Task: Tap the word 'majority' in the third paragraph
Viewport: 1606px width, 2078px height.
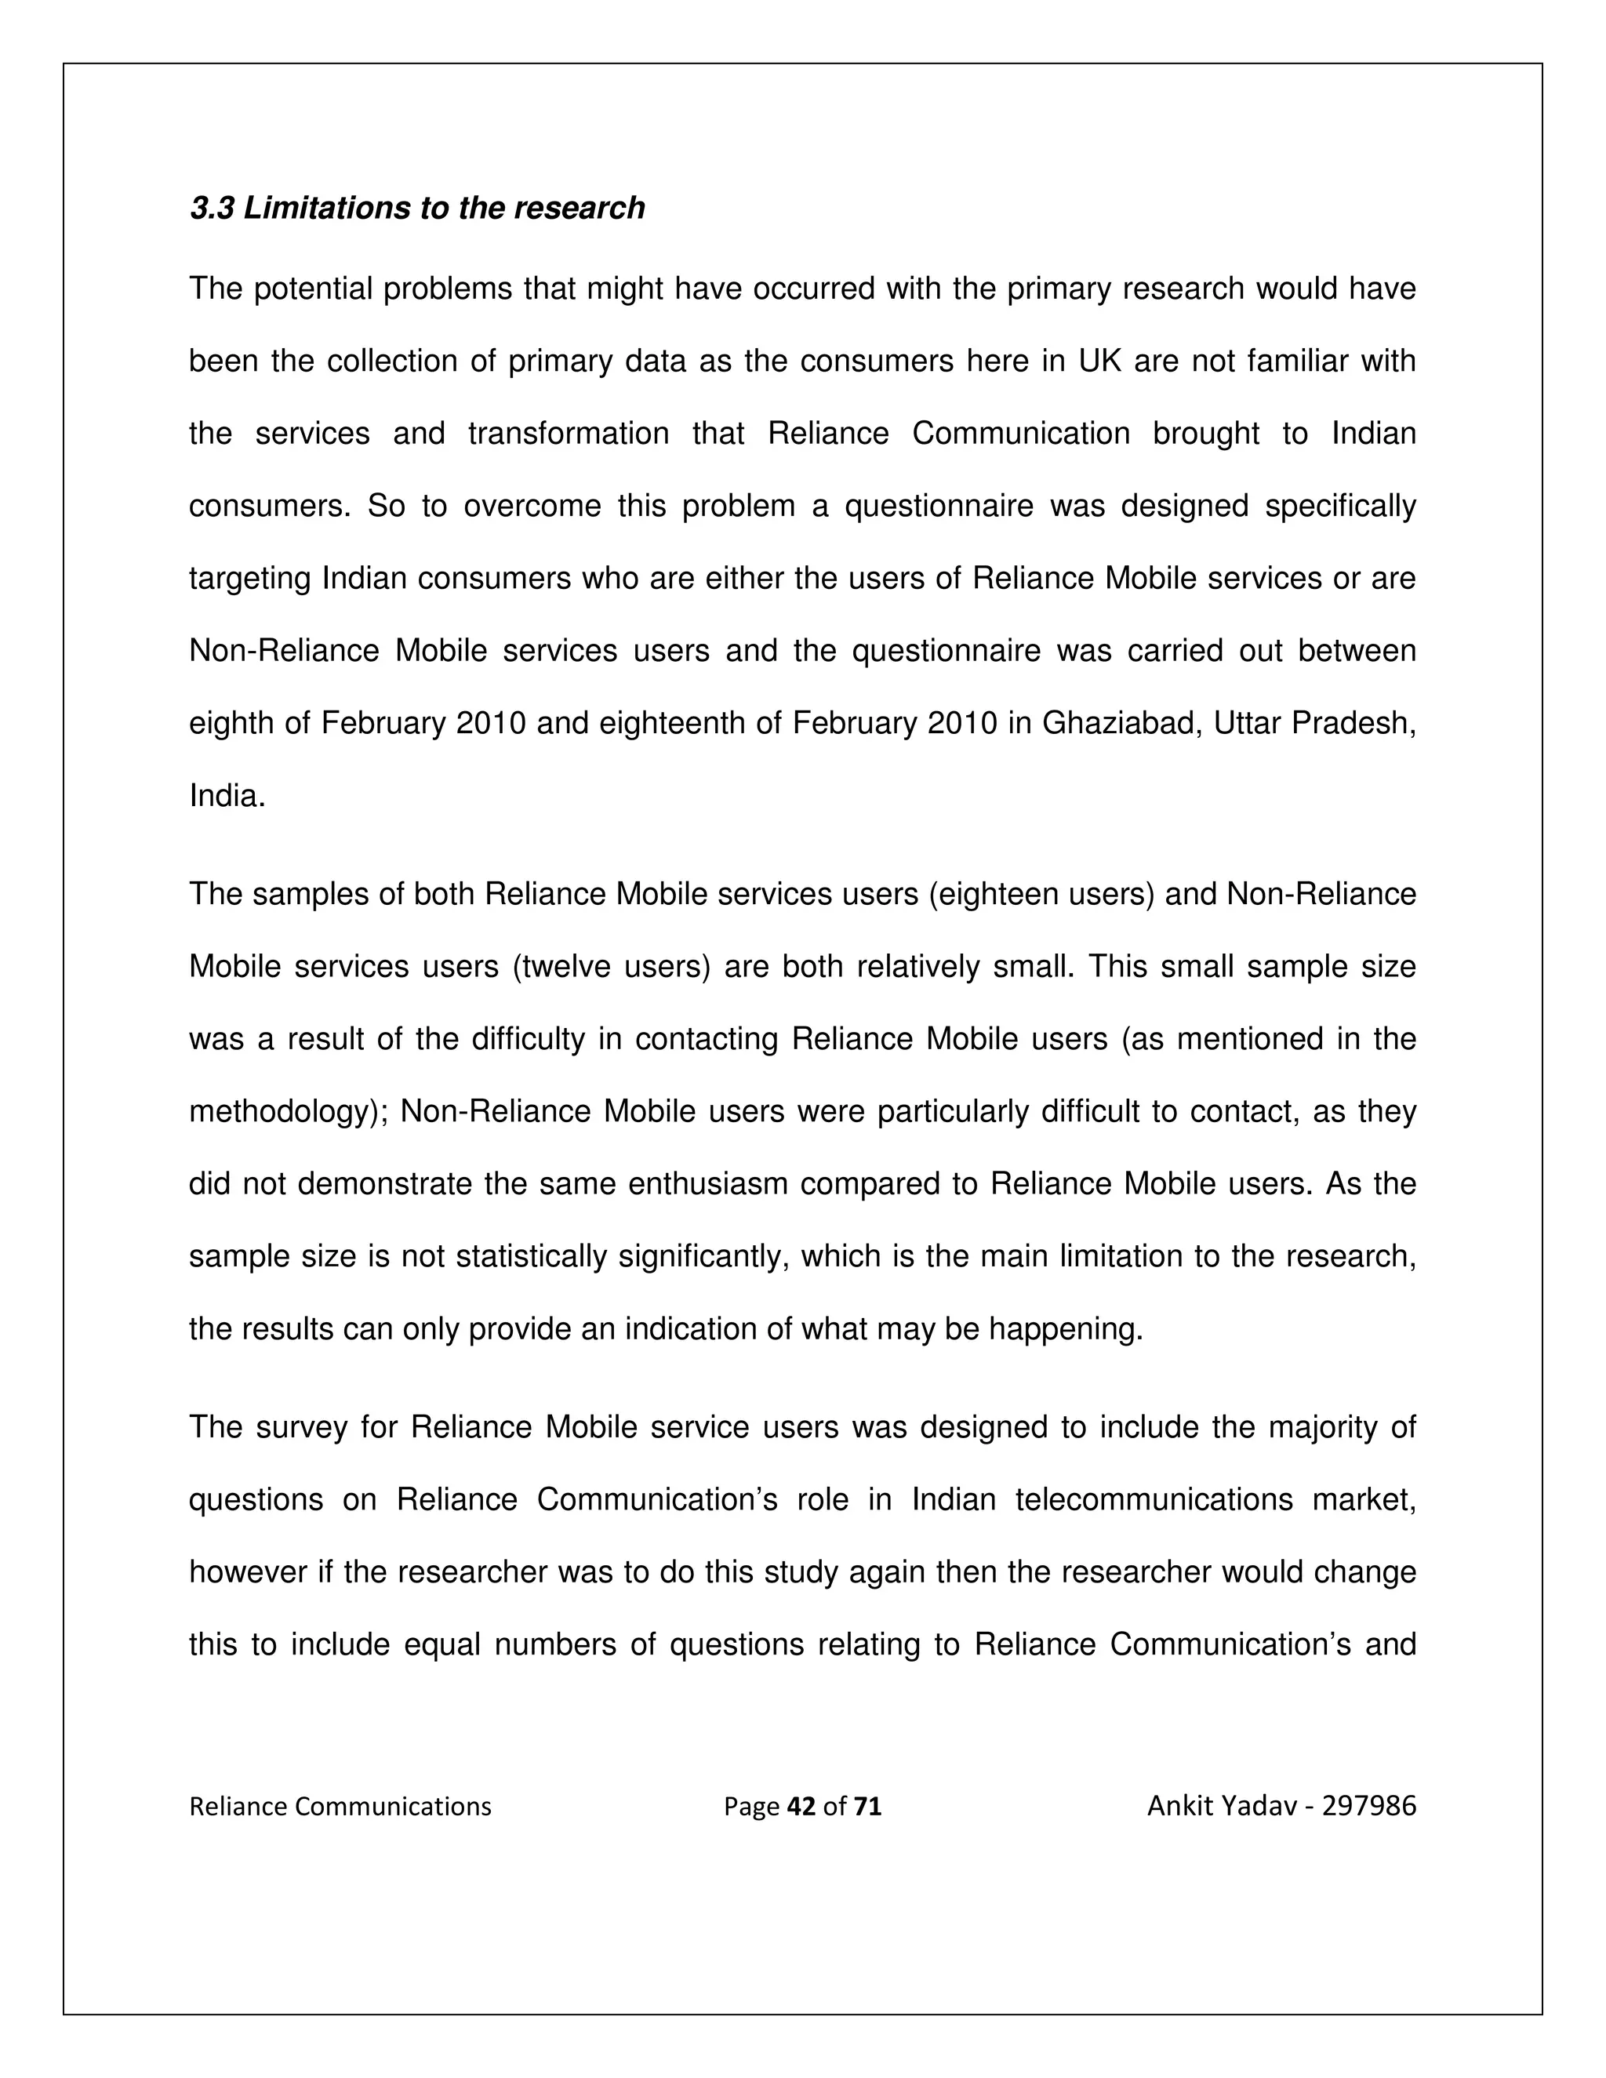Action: pos(1328,1427)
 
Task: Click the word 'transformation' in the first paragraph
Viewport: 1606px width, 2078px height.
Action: pos(568,434)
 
